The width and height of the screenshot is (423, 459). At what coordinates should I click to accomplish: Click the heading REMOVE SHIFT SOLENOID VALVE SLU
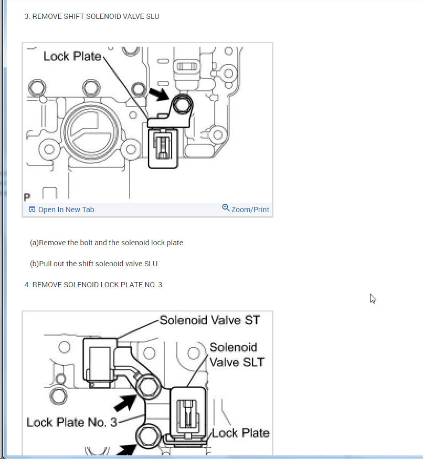tap(92, 16)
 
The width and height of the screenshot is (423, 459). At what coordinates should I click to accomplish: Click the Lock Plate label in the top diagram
tap(72, 56)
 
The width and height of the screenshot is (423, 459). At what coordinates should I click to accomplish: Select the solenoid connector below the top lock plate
tap(163, 149)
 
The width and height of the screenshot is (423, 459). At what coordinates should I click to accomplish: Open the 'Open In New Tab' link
tap(61, 210)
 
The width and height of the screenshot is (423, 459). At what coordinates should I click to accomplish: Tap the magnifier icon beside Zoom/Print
tap(226, 208)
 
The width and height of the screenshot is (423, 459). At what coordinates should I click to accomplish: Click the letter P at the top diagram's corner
tap(27, 198)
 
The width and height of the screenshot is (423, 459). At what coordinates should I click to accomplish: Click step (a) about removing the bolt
tap(108, 243)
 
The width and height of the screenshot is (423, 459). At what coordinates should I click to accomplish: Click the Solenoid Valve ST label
tap(209, 320)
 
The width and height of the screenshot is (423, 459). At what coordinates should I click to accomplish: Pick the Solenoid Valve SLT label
tap(236, 354)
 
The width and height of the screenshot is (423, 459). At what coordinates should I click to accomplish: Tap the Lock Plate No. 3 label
tap(71, 422)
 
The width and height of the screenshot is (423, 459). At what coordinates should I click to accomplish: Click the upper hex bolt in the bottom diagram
tap(147, 388)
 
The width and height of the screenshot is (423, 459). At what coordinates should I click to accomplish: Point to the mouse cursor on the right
tap(373, 298)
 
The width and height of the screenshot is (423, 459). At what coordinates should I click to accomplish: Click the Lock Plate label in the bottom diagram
tap(241, 433)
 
